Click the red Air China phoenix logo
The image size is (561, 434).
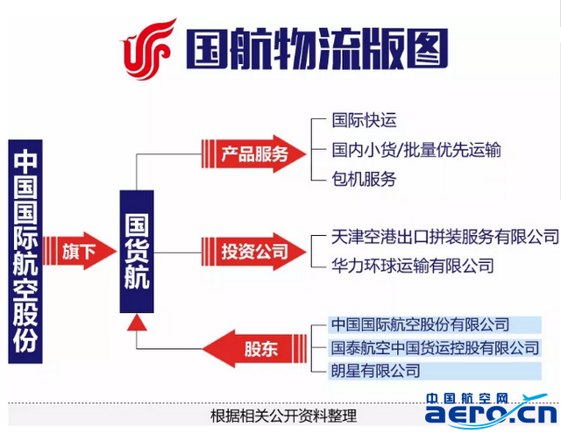pos(148,50)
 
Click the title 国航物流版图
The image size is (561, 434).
pos(317,49)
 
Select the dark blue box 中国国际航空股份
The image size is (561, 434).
pos(25,252)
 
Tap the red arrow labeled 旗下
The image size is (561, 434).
pos(80,251)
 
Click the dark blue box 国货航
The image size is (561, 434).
pos(137,252)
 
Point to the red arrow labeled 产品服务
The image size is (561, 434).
pos(253,153)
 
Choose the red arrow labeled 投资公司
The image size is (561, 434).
pos(253,252)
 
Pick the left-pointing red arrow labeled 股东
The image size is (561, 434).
pos(255,348)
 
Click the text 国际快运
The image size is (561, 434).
pos(364,120)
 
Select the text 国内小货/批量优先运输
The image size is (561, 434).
pos(416,150)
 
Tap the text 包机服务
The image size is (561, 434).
pos(364,179)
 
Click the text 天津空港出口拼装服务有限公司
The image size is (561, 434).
pos(445,237)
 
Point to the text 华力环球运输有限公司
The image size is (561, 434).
pos(413,266)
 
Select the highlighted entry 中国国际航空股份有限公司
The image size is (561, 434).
pos(435,324)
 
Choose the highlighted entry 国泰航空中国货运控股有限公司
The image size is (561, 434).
pos(435,348)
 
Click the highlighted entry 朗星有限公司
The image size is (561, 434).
pos(435,371)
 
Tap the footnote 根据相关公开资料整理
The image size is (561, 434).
pos(283,416)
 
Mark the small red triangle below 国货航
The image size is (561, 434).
pos(137,323)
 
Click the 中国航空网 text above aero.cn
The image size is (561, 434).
pos(467,399)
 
